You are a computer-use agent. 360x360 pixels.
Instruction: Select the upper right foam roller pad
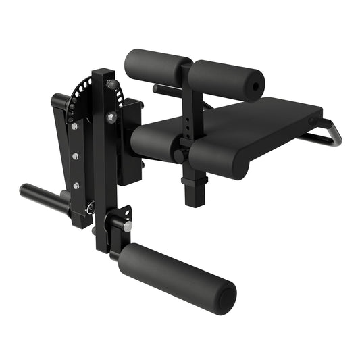coord(224,80)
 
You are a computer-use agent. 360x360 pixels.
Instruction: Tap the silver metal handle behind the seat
coord(329,133)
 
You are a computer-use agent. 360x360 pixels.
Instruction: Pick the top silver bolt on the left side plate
coord(74,126)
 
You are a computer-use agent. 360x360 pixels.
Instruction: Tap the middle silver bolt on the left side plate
coord(75,157)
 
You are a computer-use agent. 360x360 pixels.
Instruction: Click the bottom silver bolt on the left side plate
coord(76,186)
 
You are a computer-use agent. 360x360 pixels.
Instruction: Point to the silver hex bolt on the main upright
coord(111,118)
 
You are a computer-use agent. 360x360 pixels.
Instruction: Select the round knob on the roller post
coord(178,156)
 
